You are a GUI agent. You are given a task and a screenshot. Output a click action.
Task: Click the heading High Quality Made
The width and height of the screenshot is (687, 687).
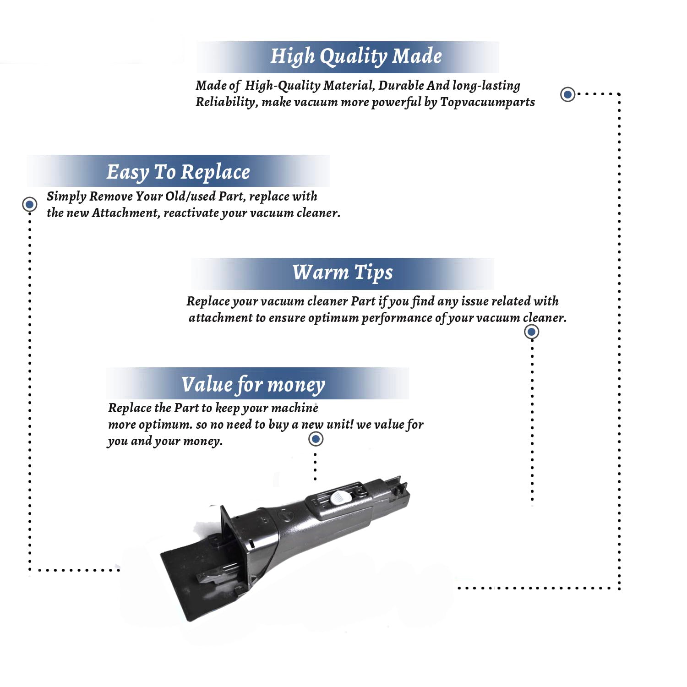click(356, 56)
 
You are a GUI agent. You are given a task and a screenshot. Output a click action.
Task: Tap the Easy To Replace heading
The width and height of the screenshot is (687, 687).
click(178, 173)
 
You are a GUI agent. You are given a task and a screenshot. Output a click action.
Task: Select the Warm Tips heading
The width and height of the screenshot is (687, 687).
click(343, 273)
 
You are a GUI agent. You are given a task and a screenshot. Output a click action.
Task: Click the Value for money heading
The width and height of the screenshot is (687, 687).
click(253, 385)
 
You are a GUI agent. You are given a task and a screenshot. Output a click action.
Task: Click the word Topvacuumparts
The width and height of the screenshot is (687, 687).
click(487, 102)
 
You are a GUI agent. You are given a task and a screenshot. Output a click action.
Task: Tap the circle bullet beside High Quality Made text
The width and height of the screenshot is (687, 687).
click(568, 94)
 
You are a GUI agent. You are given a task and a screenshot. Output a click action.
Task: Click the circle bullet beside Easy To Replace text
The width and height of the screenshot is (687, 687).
click(30, 204)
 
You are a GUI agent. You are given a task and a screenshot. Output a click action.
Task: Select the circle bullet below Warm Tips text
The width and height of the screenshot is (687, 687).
click(531, 332)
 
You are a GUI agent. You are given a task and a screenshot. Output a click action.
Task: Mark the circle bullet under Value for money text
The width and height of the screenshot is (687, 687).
click(316, 439)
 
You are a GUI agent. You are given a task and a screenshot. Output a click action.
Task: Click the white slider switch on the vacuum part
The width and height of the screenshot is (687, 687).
click(340, 497)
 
